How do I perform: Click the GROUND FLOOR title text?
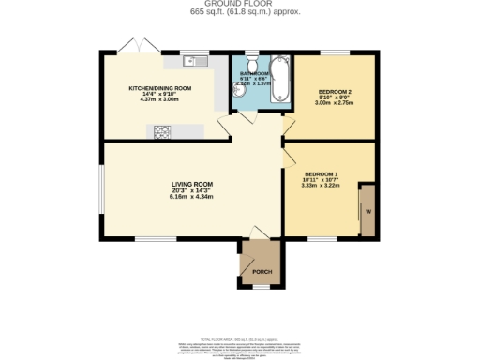coord(239,5)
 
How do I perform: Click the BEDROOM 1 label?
coord(322,173)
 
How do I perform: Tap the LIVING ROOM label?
coord(191,184)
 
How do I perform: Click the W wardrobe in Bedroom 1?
coord(367,210)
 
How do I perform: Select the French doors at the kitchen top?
coord(131,47)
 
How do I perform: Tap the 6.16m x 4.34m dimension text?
coord(191,197)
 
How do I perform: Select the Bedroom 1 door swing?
coord(292,155)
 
